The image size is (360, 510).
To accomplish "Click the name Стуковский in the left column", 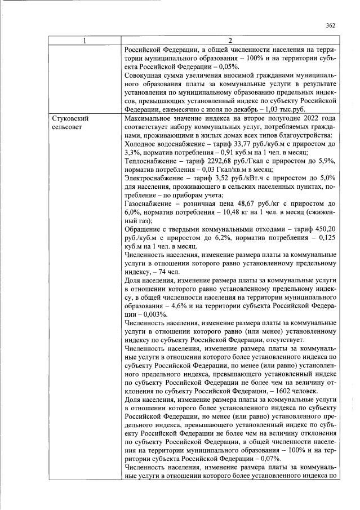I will point(70,119).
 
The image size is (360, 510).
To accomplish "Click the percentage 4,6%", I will point(188,304).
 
